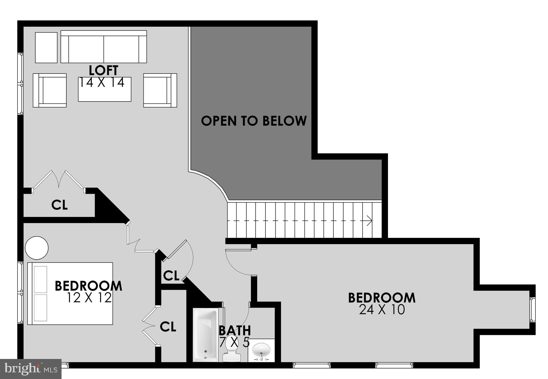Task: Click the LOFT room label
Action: coord(103,71)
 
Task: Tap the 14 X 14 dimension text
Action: coord(102,83)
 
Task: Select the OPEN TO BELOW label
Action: coord(254,121)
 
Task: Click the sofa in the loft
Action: coord(104,47)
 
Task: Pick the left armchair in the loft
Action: coord(50,90)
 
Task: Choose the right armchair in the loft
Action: coord(160,90)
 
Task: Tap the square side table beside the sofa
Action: coord(46,48)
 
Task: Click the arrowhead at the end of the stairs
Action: coord(370,221)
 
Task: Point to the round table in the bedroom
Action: coord(37,248)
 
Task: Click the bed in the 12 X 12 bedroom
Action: coord(70,293)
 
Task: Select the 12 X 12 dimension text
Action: coord(89,298)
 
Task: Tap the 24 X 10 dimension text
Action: coord(382,310)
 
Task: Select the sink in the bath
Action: coord(261,350)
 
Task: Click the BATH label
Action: coord(235,331)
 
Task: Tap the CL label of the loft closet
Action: coord(59,205)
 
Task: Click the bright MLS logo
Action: coord(31,369)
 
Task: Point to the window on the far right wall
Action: coord(532,310)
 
